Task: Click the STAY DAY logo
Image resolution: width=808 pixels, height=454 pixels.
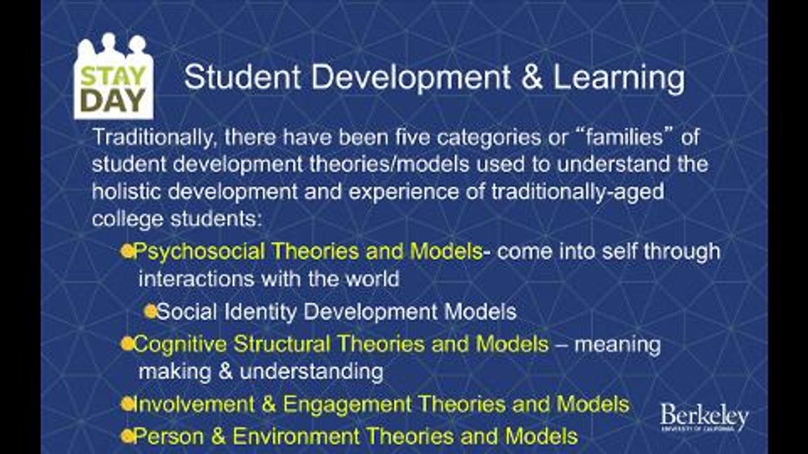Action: (114, 77)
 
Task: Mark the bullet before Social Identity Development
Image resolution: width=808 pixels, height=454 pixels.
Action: (150, 311)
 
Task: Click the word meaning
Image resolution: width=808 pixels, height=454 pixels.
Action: (617, 345)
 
